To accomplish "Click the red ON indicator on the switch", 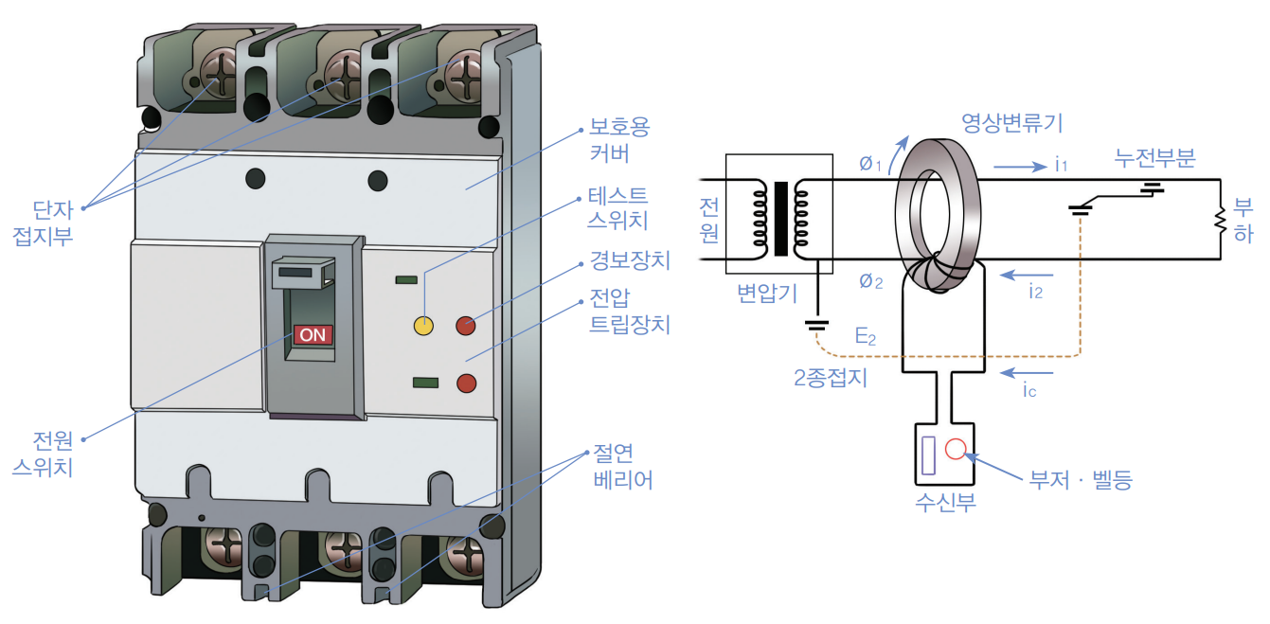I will [313, 334].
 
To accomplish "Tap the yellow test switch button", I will [423, 326].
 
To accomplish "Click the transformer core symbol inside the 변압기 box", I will [780, 219].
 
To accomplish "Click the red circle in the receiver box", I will [956, 449].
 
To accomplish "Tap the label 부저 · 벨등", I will [1081, 479].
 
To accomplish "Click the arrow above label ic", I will [1025, 370].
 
